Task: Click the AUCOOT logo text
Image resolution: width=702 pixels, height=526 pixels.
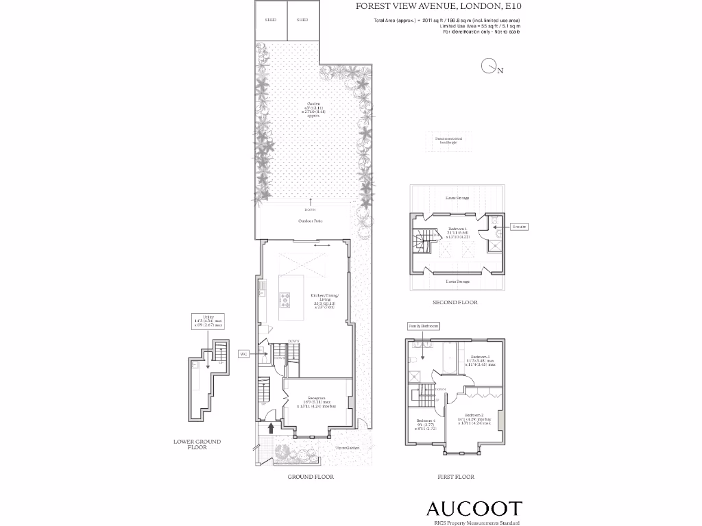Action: point(474,509)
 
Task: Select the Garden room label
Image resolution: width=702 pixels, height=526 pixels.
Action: point(313,110)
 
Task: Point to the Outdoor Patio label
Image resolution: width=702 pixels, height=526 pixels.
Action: point(310,221)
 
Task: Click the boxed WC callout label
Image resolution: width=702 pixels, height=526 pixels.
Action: point(243,354)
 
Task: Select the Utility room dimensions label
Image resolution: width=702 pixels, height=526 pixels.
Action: point(209,321)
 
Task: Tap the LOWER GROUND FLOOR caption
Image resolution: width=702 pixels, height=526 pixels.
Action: point(197,444)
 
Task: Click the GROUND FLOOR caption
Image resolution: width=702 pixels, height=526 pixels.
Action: point(311,477)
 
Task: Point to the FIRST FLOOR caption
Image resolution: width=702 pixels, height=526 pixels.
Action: point(456,477)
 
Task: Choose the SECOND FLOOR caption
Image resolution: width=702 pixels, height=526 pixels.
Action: point(455,302)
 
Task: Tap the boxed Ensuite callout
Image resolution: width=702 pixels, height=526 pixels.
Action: point(519,226)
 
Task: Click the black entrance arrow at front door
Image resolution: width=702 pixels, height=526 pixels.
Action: point(271,428)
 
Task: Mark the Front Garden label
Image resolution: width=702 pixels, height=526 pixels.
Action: point(348,448)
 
